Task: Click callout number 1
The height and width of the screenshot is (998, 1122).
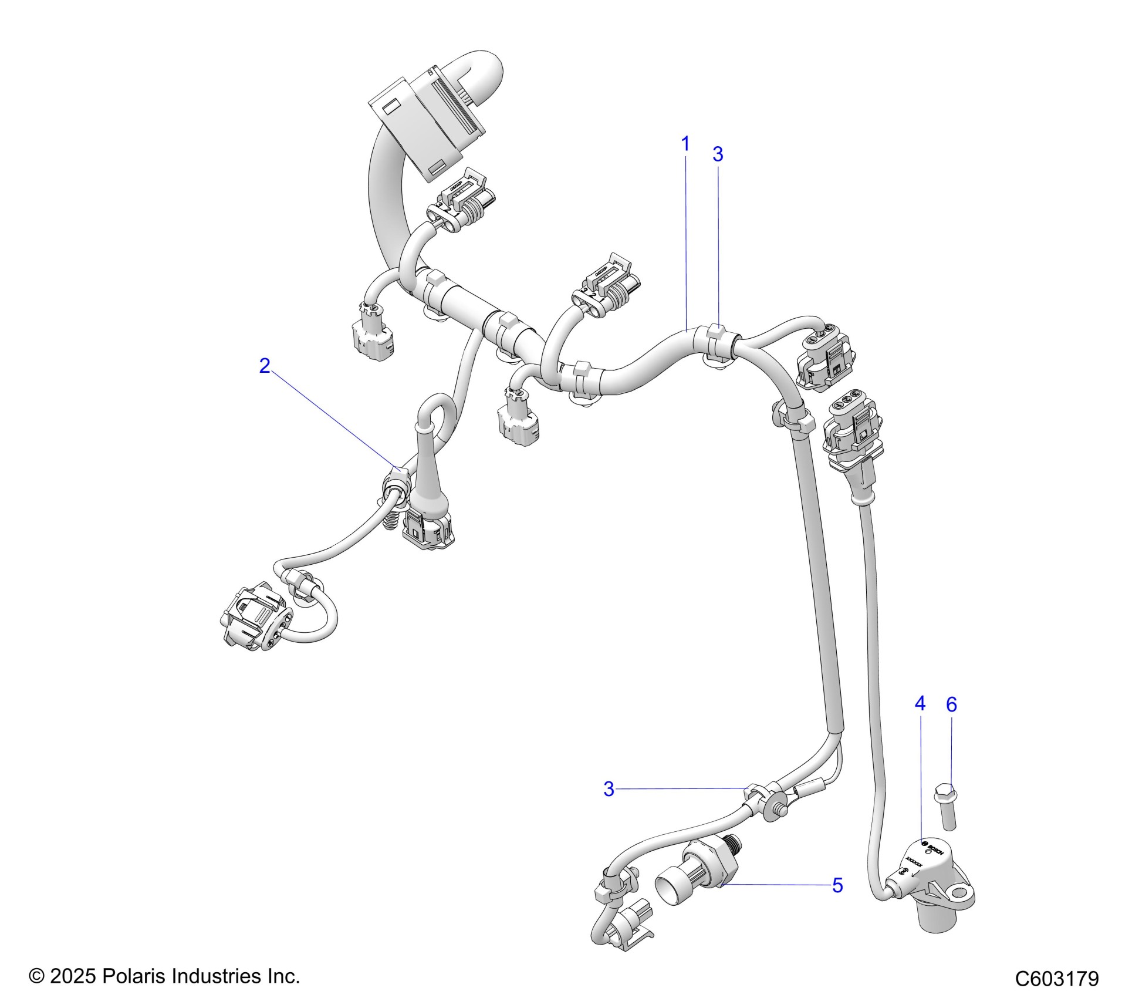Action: point(685,144)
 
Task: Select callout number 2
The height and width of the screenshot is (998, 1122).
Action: point(265,366)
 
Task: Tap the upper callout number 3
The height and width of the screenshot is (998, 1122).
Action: point(717,154)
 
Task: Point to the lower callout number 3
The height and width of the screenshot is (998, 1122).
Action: point(609,789)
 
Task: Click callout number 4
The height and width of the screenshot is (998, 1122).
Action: point(920,703)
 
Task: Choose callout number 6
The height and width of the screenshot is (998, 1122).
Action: point(951,704)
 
